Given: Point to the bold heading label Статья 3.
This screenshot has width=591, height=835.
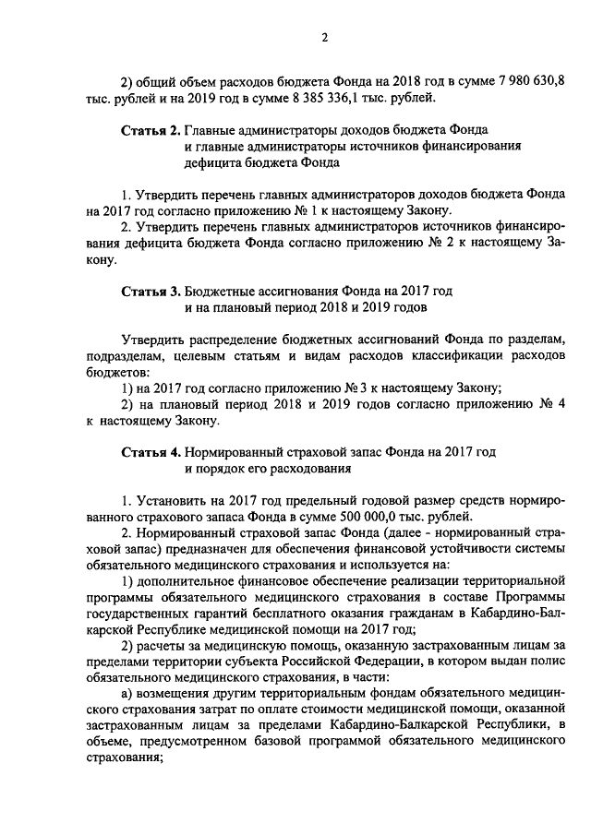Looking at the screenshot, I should (151, 290).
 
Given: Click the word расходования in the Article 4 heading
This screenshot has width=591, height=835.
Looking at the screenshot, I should (313, 469).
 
